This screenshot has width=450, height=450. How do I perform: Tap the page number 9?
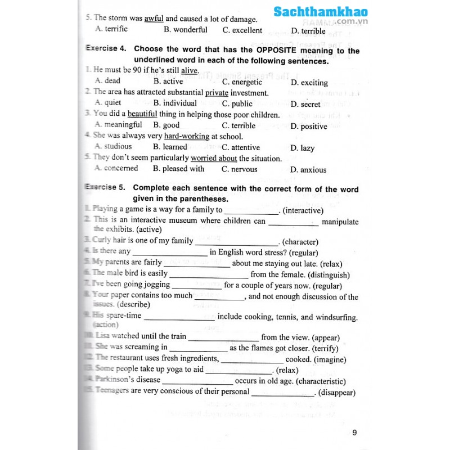click(354, 433)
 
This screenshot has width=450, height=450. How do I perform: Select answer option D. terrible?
click(308, 31)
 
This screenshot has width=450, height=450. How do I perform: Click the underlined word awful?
click(154, 19)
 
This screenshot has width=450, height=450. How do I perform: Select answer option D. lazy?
click(303, 148)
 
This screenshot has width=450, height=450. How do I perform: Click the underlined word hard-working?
click(187, 136)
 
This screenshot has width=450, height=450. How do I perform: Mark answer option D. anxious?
click(308, 169)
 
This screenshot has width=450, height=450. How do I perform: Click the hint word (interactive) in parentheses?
click(303, 210)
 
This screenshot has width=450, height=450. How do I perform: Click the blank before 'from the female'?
click(209, 276)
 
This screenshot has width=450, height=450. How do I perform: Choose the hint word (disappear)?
click(337, 393)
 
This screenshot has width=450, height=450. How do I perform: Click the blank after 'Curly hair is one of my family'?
click(237, 243)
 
